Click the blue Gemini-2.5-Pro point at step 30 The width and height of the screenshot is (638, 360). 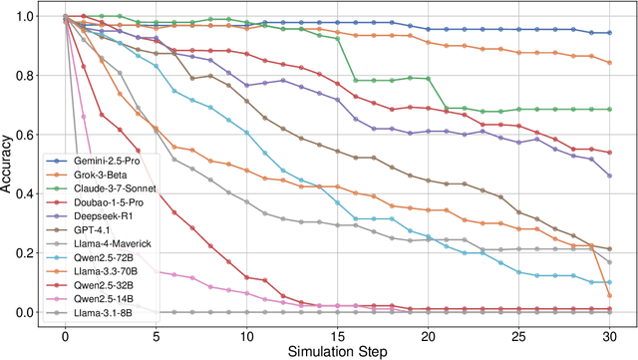(609, 33)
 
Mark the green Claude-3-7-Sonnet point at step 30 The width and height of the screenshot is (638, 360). (609, 110)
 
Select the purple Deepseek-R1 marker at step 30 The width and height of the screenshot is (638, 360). (609, 176)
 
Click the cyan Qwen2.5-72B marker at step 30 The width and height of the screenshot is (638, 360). (609, 282)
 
